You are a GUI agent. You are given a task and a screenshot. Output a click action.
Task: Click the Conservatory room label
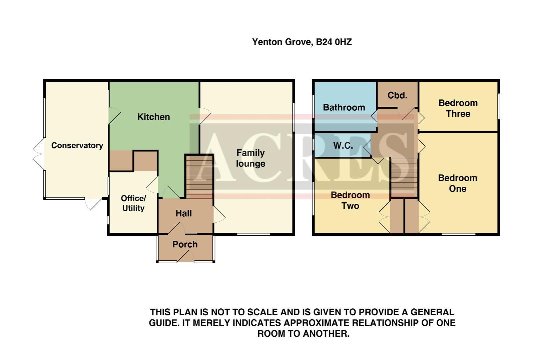[77, 145]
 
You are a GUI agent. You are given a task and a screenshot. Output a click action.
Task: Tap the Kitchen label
[153, 117]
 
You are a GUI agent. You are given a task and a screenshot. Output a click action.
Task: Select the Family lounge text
[250, 158]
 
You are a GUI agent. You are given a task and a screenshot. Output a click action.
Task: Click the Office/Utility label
[133, 203]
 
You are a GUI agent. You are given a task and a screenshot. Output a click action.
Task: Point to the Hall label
[183, 213]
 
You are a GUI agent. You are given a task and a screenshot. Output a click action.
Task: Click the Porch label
[185, 244]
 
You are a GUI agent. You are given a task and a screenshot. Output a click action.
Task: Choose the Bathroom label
[344, 107]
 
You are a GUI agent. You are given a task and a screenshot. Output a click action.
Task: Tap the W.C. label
[343, 146]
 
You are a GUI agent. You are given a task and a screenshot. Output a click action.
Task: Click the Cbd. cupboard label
[397, 95]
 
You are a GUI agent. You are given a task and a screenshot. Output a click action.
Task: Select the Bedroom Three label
[458, 108]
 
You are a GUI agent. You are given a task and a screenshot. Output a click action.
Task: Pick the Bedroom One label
[457, 183]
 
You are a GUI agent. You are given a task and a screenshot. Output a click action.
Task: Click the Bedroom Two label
[350, 200]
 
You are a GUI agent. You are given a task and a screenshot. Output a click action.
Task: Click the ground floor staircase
[199, 177]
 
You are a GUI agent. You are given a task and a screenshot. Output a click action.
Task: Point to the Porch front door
[186, 256]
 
